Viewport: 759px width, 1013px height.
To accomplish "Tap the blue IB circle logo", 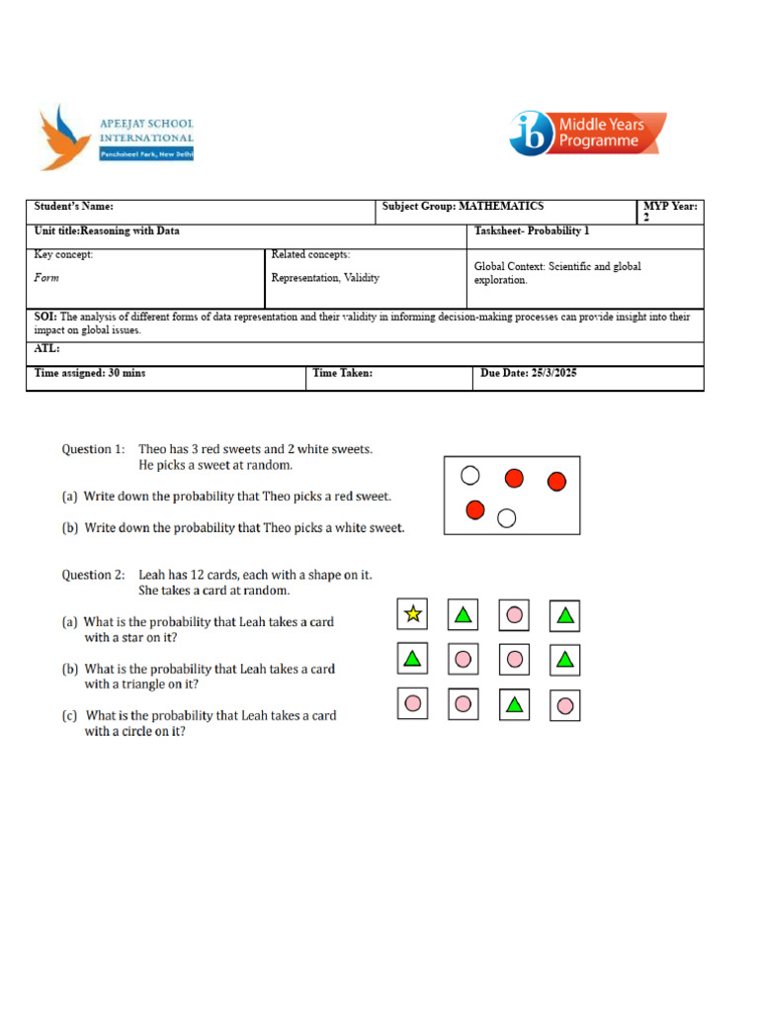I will (532, 134).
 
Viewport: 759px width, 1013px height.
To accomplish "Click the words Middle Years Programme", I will (601, 134).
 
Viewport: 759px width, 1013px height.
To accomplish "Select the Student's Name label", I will (74, 207).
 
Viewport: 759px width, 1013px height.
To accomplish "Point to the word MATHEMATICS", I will (501, 207).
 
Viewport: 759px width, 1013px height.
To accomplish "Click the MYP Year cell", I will (670, 212).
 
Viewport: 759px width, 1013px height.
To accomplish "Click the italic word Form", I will (46, 278).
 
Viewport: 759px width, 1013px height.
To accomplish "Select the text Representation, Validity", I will (325, 278).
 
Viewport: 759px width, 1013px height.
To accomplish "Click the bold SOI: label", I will (45, 318).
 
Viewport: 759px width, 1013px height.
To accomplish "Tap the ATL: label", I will (47, 349).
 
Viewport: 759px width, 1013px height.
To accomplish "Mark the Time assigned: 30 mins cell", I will (90, 374).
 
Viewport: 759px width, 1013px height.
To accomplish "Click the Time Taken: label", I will (343, 374).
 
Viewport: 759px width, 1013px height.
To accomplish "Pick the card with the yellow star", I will (413, 614).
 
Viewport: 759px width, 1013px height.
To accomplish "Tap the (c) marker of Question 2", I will (70, 715).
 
